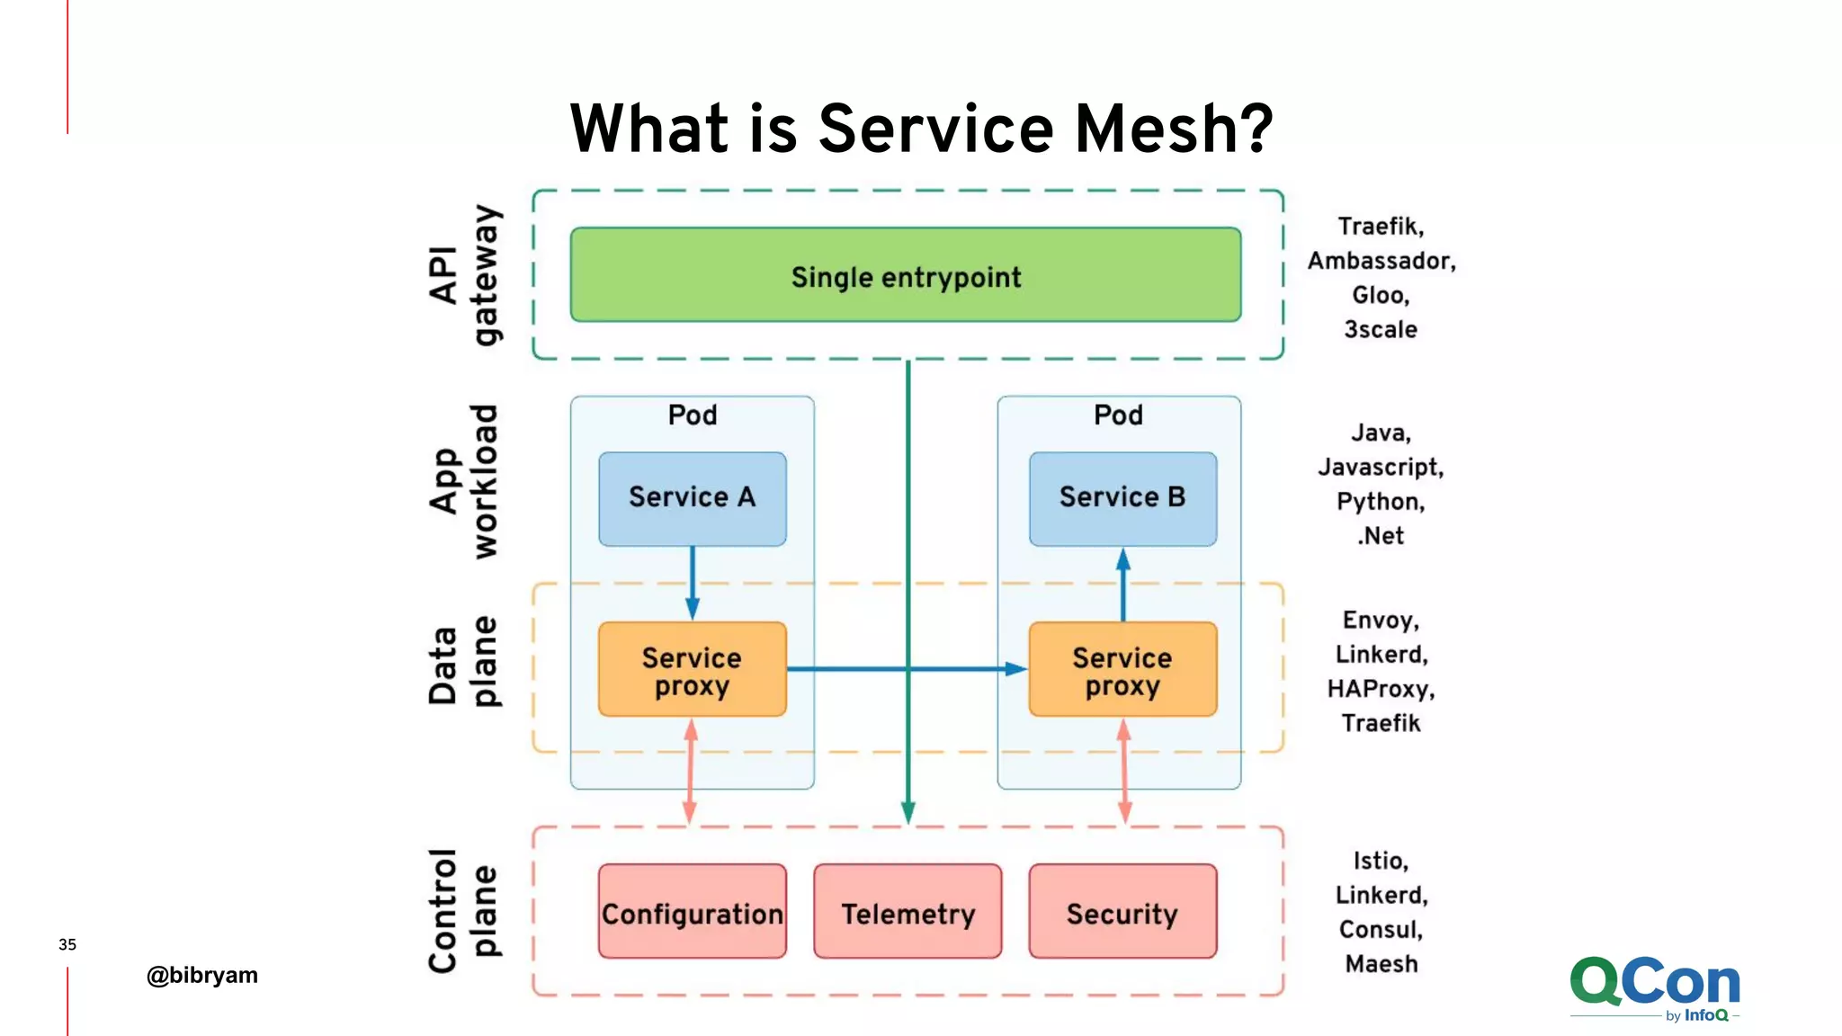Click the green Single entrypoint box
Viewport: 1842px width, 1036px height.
[x=906, y=275]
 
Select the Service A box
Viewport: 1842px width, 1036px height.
[x=692, y=498]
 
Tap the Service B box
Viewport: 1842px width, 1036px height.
[x=1122, y=498]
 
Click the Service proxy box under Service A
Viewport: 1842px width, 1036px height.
[x=692, y=669]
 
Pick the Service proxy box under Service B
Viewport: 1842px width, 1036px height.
[x=1122, y=669]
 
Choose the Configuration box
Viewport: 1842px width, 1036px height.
[x=692, y=912]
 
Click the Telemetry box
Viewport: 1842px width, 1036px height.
[x=908, y=912]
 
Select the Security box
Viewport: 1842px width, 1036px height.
[x=1122, y=912]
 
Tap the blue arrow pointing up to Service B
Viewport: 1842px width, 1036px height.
[x=1122, y=585]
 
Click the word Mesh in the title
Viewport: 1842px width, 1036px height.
[x=1174, y=129]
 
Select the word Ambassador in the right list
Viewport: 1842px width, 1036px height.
[x=1381, y=261]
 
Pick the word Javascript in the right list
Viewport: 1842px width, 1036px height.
[x=1381, y=468]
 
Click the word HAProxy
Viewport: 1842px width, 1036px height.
[x=1381, y=690]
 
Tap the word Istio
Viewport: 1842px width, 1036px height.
[x=1381, y=861]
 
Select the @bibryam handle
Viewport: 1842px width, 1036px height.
[x=202, y=975]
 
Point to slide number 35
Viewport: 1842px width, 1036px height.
[x=67, y=944]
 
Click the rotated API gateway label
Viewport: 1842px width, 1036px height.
[x=464, y=275]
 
